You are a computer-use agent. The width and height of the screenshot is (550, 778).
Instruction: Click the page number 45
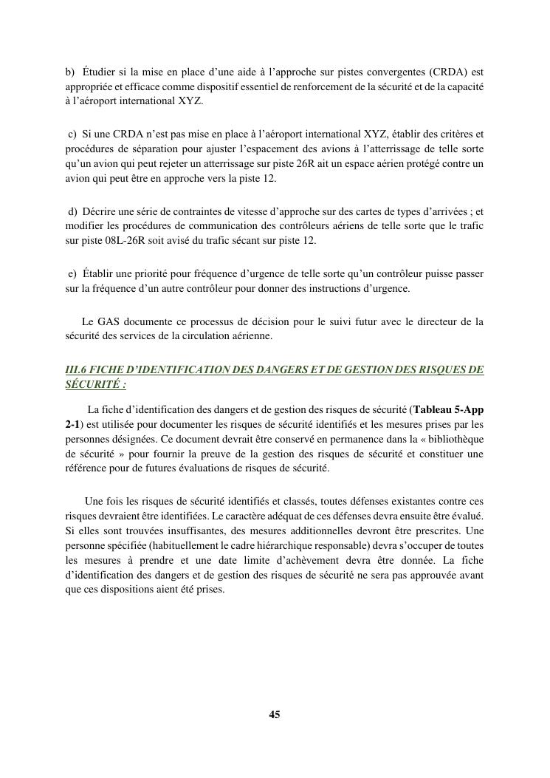tap(274, 714)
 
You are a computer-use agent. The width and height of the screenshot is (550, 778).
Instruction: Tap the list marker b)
tap(70, 72)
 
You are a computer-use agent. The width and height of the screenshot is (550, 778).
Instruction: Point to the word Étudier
tap(100, 72)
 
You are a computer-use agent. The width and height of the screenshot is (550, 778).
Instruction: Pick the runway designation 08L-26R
tap(111, 240)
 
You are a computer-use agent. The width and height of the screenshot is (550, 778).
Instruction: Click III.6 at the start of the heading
tap(78, 369)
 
